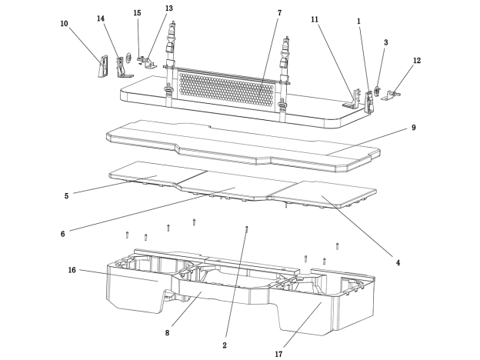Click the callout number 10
[64, 24]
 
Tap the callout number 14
[101, 18]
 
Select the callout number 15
[137, 13]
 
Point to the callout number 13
[168, 8]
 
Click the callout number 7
[279, 13]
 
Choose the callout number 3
[385, 42]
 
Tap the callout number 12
[417, 60]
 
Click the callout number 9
[413, 128]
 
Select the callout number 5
[66, 195]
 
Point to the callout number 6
[62, 232]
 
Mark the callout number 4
[398, 262]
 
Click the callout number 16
[72, 270]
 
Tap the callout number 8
[167, 332]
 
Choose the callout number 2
[225, 345]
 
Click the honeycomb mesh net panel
[225, 91]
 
